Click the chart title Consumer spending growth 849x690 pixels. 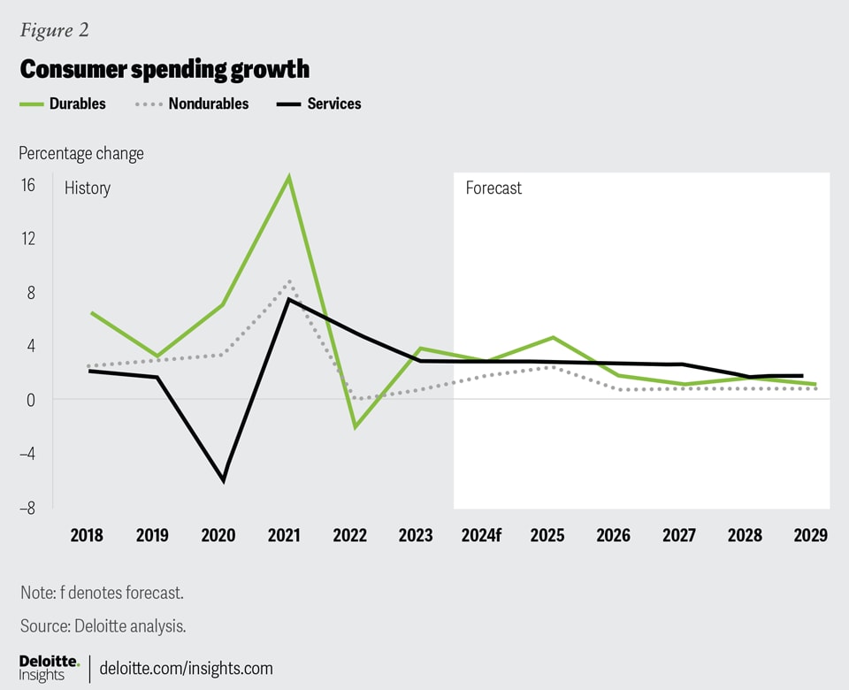click(164, 69)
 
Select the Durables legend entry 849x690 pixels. click(62, 103)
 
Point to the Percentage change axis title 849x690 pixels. click(81, 153)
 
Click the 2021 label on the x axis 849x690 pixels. click(283, 536)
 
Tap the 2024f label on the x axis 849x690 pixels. click(482, 536)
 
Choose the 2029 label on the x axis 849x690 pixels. click(810, 536)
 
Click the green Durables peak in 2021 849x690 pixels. click(288, 177)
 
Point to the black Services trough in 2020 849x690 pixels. click(224, 480)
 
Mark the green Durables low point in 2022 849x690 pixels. click(355, 427)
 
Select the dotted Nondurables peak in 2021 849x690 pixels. click(289, 282)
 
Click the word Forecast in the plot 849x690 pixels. click(493, 188)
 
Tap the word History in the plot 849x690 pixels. click(88, 188)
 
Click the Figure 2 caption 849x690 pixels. click(54, 30)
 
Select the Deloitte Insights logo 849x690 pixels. click(50, 668)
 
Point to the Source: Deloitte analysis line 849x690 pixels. click(103, 625)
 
